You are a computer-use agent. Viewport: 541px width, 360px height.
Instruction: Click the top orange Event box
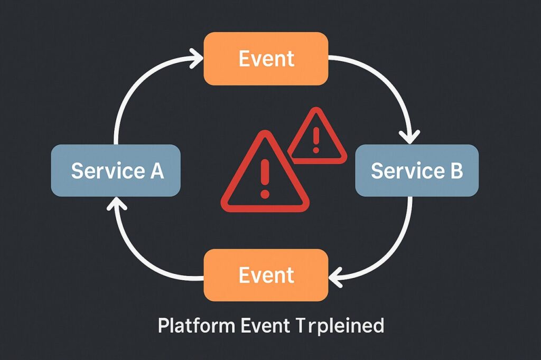(266, 58)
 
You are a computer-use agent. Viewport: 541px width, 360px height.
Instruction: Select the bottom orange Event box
(266, 275)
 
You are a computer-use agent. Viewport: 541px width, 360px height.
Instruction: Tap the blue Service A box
(116, 170)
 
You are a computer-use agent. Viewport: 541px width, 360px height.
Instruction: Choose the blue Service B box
(417, 170)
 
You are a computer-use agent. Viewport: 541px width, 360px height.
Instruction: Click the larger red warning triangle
(264, 177)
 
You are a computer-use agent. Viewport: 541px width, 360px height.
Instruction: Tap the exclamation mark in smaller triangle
(316, 138)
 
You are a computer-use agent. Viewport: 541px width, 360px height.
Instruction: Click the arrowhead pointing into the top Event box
(197, 56)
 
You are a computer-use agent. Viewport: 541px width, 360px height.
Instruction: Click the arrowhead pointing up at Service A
(115, 205)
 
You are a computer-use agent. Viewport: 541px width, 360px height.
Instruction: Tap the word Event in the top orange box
(266, 59)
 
